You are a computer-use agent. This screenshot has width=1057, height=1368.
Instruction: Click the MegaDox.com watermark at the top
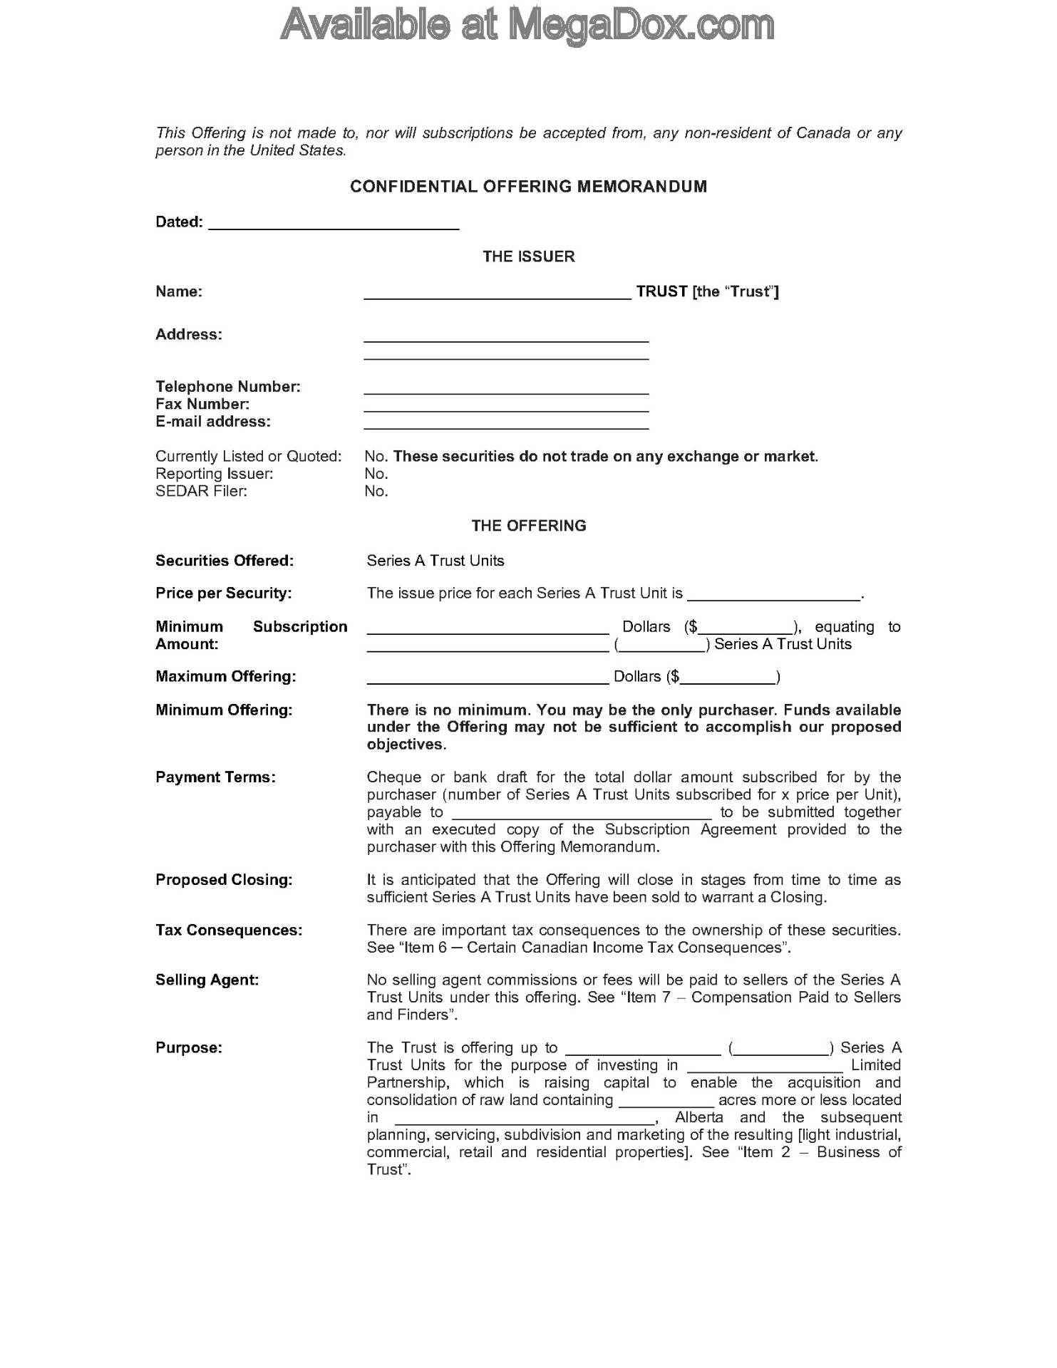tap(527, 26)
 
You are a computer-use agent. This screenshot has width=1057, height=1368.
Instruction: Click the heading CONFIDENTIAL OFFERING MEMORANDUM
tap(528, 187)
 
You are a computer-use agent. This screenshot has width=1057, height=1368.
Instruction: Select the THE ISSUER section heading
tap(528, 256)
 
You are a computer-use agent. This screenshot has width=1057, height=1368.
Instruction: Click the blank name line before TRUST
tap(497, 294)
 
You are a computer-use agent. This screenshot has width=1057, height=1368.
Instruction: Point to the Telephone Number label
tap(228, 387)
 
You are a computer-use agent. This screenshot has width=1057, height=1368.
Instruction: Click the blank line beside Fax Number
tap(506, 408)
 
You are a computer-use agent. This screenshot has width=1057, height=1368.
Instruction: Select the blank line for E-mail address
tap(506, 425)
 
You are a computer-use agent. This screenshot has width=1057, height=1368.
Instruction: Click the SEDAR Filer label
tap(201, 491)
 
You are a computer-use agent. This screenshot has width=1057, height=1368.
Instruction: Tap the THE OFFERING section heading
tap(528, 526)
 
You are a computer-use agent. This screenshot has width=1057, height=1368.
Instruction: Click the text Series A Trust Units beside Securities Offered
tap(435, 561)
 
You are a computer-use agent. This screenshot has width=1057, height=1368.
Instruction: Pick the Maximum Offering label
tap(225, 676)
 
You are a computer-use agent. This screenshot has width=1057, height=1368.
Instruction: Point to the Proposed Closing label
tap(224, 880)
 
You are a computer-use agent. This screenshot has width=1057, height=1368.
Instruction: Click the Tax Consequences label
tap(229, 931)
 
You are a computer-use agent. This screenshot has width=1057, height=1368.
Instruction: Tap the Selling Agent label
tap(207, 980)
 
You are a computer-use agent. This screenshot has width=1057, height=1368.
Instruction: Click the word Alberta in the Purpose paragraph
tap(698, 1117)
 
